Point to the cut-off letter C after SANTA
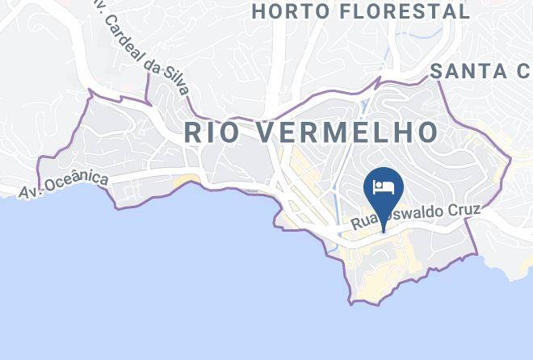(524, 71)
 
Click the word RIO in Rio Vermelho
(213, 132)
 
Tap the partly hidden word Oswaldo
(413, 217)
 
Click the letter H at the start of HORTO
(258, 11)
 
